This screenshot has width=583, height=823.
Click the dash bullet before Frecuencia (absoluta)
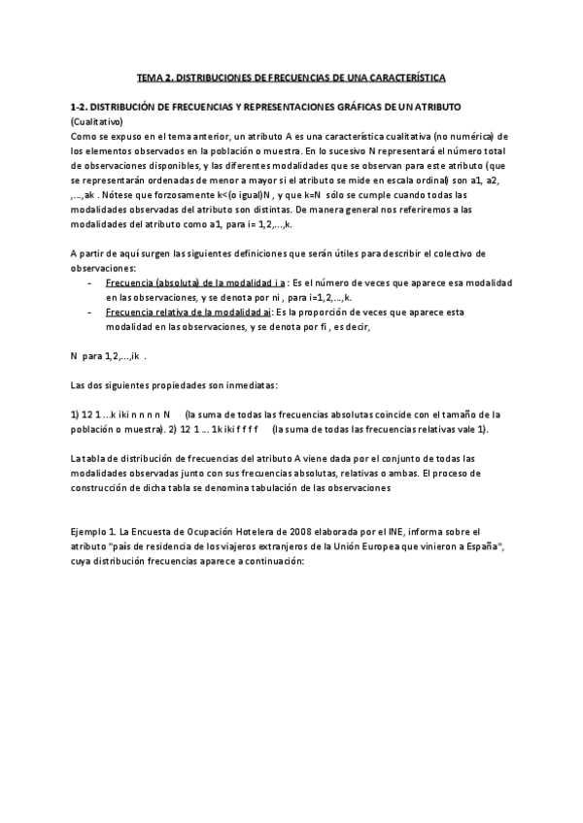[90, 282]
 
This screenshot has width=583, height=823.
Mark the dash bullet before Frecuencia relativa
[90, 313]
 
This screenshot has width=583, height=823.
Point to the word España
[475, 548]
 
